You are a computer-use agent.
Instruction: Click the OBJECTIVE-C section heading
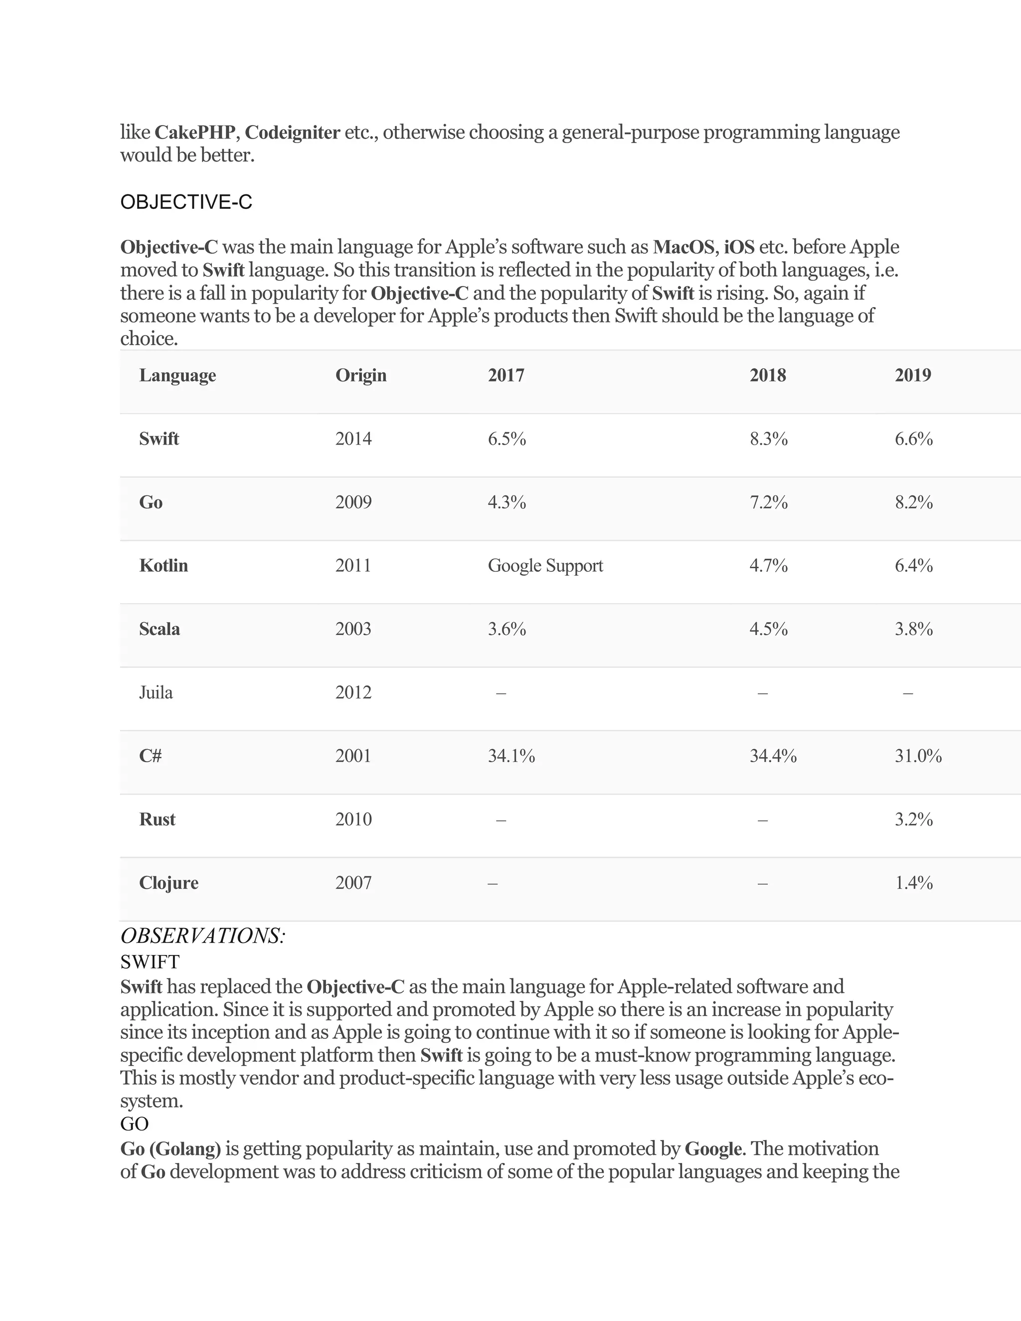pyautogui.click(x=186, y=202)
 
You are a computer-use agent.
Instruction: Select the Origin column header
pyautogui.click(x=361, y=376)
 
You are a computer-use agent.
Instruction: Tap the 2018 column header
pyautogui.click(x=768, y=376)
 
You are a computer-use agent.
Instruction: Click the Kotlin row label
pyautogui.click(x=164, y=566)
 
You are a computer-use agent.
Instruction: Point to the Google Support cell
pyautogui.click(x=545, y=566)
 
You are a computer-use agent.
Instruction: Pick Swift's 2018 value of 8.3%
pyautogui.click(x=769, y=439)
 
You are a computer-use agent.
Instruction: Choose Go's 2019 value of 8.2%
pyautogui.click(x=913, y=502)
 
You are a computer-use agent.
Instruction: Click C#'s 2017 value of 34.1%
pyautogui.click(x=511, y=756)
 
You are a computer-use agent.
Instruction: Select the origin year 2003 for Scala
pyautogui.click(x=353, y=629)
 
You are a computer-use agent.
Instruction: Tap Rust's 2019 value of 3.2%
pyautogui.click(x=913, y=820)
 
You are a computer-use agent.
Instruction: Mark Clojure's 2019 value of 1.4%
pyautogui.click(x=913, y=883)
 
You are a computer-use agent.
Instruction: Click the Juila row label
pyautogui.click(x=156, y=692)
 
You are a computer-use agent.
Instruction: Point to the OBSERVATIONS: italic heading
pyautogui.click(x=202, y=936)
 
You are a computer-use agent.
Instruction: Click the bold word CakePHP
pyautogui.click(x=195, y=133)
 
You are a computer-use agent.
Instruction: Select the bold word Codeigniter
pyautogui.click(x=292, y=133)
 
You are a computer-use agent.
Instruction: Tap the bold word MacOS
pyautogui.click(x=683, y=247)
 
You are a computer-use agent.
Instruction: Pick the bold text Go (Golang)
pyautogui.click(x=170, y=1149)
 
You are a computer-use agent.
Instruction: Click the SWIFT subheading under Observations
pyautogui.click(x=150, y=962)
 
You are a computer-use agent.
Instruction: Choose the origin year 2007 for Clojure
pyautogui.click(x=353, y=883)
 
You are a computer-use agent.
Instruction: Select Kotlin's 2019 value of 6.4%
pyautogui.click(x=913, y=566)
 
